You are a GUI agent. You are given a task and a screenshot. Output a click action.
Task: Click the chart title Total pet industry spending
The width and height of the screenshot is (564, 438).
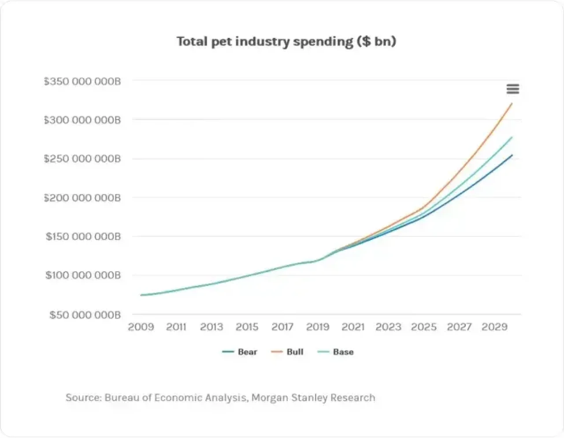pos(286,41)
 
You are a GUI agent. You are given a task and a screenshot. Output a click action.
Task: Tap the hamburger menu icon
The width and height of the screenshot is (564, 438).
pos(512,89)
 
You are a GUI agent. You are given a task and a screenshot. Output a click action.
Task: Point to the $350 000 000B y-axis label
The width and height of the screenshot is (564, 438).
pos(82,81)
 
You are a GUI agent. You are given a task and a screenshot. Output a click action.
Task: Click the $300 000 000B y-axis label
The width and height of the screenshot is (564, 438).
pos(82,120)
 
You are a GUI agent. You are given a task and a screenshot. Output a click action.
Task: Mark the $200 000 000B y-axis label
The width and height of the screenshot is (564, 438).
pos(82,198)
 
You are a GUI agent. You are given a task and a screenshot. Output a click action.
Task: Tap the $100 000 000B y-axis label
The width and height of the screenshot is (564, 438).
pos(83,275)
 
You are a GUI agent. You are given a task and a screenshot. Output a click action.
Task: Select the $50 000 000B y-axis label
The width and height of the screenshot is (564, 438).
pos(85,315)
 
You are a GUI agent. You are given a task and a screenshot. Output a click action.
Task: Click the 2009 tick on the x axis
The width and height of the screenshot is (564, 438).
pos(141,327)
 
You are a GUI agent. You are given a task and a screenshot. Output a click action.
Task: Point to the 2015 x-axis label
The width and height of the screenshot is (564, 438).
pos(247,327)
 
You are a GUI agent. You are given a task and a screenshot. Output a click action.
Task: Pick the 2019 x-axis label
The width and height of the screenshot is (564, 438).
pos(318,327)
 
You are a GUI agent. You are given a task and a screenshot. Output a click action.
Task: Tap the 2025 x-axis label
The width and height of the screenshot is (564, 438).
pos(424,327)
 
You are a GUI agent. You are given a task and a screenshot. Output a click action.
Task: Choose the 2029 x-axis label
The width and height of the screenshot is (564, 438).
pos(494,327)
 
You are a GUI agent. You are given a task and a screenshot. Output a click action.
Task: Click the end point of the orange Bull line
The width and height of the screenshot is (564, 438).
pos(512,103)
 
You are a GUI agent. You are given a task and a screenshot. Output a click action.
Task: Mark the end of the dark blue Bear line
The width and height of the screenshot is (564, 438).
pos(512,155)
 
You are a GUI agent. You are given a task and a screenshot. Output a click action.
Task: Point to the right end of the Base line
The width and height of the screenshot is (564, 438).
pos(512,137)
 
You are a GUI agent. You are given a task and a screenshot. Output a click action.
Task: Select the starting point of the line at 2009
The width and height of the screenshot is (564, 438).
pos(141,295)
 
